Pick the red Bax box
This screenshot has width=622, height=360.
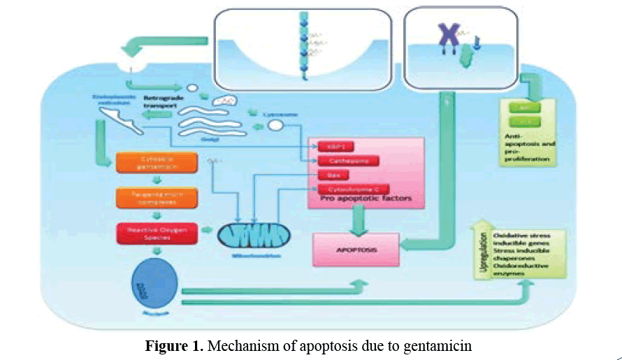(334, 175)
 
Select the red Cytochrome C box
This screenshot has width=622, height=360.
(347, 189)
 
